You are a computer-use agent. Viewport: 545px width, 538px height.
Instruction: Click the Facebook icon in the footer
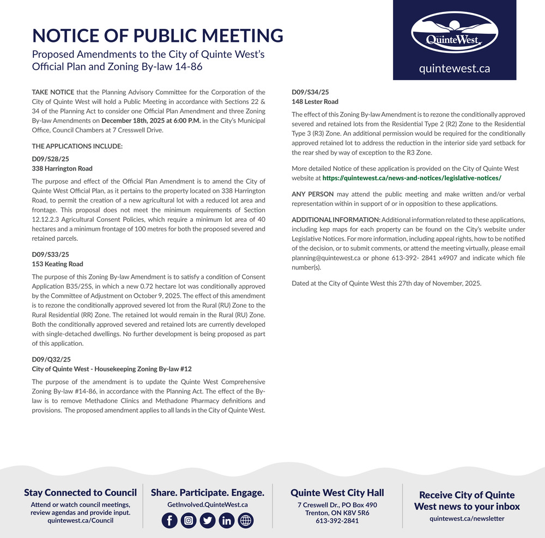pyautogui.click(x=169, y=521)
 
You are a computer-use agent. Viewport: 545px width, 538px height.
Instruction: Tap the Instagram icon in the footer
pyautogui.click(x=189, y=521)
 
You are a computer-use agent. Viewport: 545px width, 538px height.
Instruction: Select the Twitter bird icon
pyautogui.click(x=208, y=521)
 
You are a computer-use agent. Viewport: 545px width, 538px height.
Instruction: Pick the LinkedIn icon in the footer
pyautogui.click(x=227, y=521)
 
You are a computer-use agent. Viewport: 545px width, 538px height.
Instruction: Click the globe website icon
pyautogui.click(x=246, y=521)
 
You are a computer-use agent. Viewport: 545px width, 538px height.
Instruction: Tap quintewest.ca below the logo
pyautogui.click(x=454, y=69)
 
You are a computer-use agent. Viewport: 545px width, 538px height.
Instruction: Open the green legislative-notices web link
pyautogui.click(x=411, y=178)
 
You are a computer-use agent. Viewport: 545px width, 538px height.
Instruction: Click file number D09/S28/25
pyautogui.click(x=51, y=159)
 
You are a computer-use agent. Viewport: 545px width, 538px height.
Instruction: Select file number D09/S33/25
pyautogui.click(x=51, y=254)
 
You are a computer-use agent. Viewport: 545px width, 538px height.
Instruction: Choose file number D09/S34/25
pyautogui.click(x=311, y=92)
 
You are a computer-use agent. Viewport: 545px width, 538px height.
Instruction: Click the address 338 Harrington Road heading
pyautogui.click(x=62, y=169)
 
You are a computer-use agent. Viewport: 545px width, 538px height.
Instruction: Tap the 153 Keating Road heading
pyautogui.click(x=58, y=264)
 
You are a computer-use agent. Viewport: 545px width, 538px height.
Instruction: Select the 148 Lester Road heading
pyautogui.click(x=315, y=102)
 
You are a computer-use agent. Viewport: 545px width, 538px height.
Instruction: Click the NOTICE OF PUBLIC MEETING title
pyautogui.click(x=158, y=35)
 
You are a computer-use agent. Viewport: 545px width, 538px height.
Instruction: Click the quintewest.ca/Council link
pyautogui.click(x=80, y=521)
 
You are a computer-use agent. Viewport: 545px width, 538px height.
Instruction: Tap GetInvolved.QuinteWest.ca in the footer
pyautogui.click(x=207, y=505)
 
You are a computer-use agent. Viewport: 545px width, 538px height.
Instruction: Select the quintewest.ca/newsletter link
pyautogui.click(x=467, y=518)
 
